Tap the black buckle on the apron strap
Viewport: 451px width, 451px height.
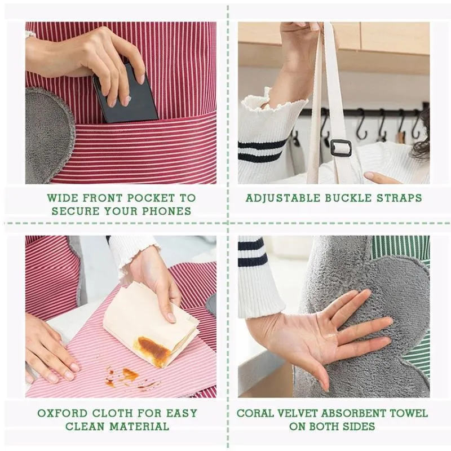341,148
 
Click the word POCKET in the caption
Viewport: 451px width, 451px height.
151,198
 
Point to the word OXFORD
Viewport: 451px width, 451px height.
63,413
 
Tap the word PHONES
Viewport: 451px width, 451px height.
167,211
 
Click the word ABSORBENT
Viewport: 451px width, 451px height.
353,413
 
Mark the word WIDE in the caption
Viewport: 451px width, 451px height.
63,198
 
